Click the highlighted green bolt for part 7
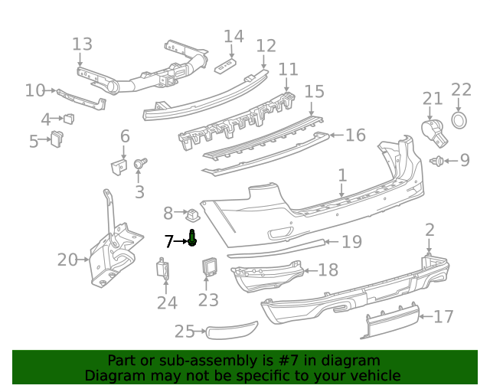(192, 240)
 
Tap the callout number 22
(461, 90)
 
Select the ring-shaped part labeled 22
(459, 121)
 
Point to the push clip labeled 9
(439, 161)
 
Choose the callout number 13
(82, 44)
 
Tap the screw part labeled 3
(139, 164)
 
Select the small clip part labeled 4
(69, 119)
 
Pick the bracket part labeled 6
(118, 166)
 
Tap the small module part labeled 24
(163, 269)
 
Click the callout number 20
(67, 260)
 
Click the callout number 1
(342, 177)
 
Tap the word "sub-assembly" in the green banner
(189, 361)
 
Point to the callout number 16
(355, 136)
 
